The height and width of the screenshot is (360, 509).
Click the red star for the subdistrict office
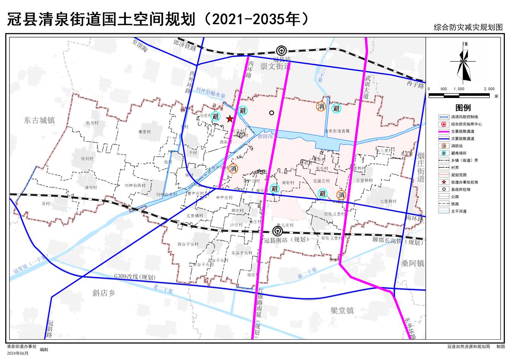tap(229, 119)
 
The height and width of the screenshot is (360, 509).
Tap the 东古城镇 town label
tap(39, 120)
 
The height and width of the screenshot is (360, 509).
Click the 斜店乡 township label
tap(104, 293)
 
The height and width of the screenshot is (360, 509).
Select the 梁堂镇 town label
tap(342, 311)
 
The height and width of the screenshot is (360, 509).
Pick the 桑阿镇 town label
tap(412, 263)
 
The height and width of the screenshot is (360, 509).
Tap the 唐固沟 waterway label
tap(265, 136)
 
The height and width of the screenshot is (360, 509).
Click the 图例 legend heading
tap(463, 108)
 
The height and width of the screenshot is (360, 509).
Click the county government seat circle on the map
tap(271, 113)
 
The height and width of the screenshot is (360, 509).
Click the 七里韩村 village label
tap(388, 201)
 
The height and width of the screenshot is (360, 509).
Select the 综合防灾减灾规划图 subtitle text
tap(468, 28)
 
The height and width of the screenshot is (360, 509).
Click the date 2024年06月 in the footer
tap(17, 353)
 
